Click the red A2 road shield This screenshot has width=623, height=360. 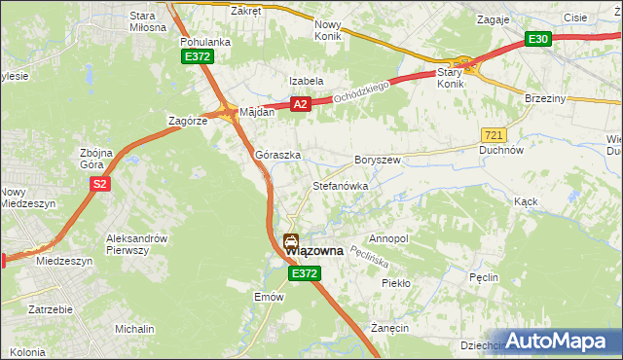[x=299, y=103]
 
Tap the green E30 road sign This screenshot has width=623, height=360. [x=538, y=39]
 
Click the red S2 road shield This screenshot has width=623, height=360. [x=98, y=183]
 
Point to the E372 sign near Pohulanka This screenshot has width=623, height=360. [x=196, y=57]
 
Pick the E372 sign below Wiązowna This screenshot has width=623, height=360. [x=303, y=275]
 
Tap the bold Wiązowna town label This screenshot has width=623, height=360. [x=314, y=251]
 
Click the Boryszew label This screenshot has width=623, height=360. [x=378, y=159]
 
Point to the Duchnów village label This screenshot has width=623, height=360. [x=502, y=151]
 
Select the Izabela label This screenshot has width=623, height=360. [x=305, y=81]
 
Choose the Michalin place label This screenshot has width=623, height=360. [x=133, y=330]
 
